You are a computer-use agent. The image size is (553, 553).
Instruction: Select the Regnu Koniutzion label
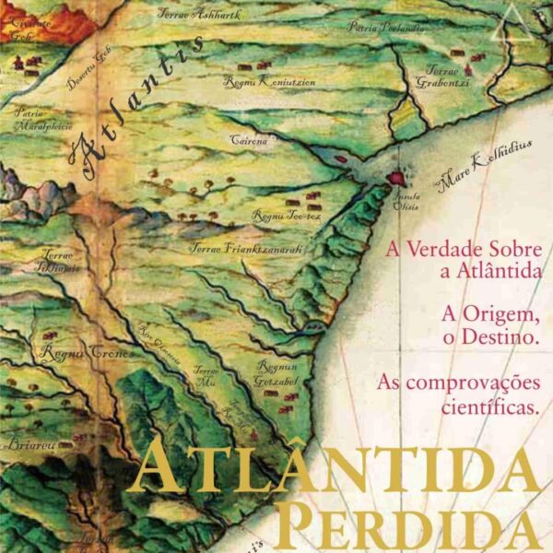click(270, 82)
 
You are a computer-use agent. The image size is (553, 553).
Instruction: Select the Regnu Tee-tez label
click(287, 214)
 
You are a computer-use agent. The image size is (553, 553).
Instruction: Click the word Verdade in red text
click(443, 249)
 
